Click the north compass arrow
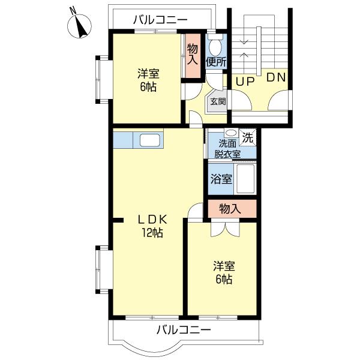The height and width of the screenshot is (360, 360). (81, 28)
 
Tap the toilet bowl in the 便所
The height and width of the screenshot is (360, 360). (215, 46)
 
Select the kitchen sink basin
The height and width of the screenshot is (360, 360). (149, 140)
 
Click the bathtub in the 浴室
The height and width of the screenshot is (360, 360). (245, 179)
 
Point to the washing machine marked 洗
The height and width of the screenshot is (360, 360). (247, 137)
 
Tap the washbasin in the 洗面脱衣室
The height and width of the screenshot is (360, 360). (231, 133)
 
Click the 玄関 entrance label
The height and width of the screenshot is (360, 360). (218, 101)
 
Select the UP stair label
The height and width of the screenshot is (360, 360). (245, 82)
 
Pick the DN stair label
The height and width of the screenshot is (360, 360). (276, 77)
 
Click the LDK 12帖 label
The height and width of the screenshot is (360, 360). (152, 226)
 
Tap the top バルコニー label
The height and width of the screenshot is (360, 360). (160, 20)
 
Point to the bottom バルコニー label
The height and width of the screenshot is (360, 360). (184, 330)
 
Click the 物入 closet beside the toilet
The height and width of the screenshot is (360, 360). (193, 56)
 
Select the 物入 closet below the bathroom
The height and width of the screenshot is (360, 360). (232, 208)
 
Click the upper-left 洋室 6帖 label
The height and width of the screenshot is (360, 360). (148, 80)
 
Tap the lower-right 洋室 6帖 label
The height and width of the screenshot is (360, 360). (224, 272)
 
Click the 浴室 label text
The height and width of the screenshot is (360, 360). (221, 179)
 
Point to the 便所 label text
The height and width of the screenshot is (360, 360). (216, 62)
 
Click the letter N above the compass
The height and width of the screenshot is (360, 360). (73, 11)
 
